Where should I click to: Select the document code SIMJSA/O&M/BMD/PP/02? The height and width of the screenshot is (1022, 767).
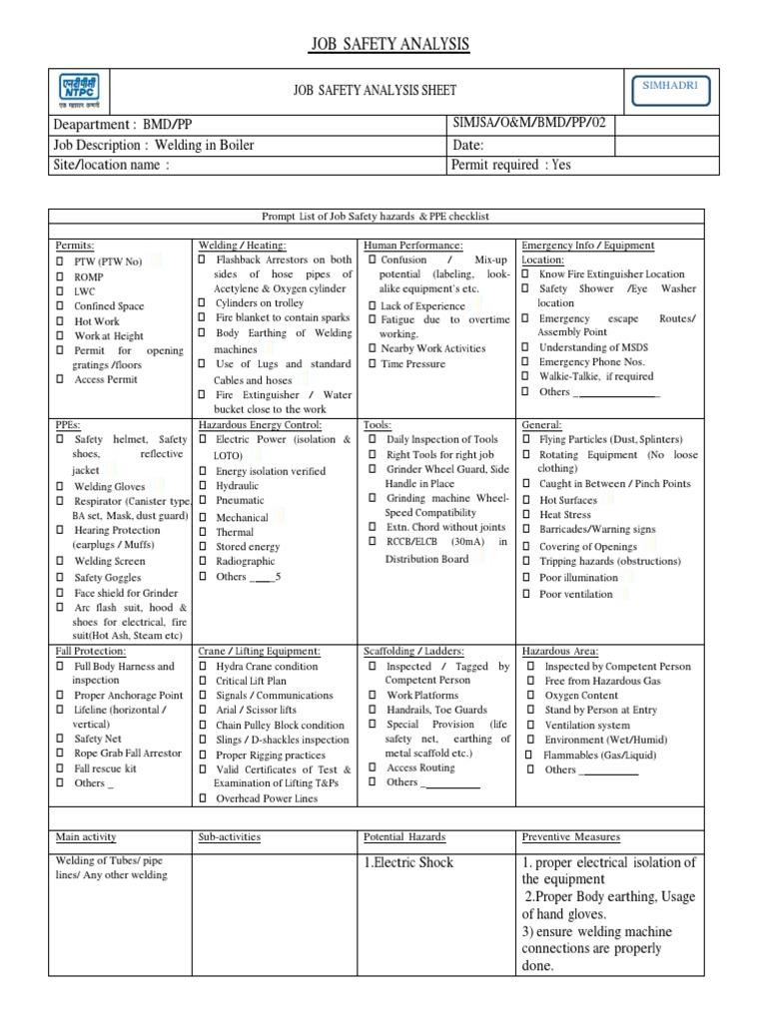pyautogui.click(x=528, y=123)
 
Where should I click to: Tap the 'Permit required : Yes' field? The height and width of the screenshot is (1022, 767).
pyautogui.click(x=511, y=165)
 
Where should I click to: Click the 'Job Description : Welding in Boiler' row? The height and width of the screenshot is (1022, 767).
pyautogui.click(x=154, y=145)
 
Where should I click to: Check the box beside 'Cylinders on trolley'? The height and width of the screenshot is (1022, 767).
pyautogui.click(x=202, y=302)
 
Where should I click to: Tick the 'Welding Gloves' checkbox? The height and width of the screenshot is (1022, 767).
pyautogui.click(x=60, y=486)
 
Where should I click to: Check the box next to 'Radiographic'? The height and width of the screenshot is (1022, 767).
pyautogui.click(x=202, y=562)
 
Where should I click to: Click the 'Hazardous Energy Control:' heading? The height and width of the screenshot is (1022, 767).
pyautogui.click(x=260, y=424)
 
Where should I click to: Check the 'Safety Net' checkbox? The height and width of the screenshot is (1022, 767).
pyautogui.click(x=60, y=740)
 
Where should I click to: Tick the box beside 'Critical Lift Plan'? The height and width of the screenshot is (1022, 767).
pyautogui.click(x=202, y=681)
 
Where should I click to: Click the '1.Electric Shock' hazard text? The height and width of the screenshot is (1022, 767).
pyautogui.click(x=408, y=862)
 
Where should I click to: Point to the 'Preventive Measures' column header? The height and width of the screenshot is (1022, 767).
pyautogui.click(x=570, y=837)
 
